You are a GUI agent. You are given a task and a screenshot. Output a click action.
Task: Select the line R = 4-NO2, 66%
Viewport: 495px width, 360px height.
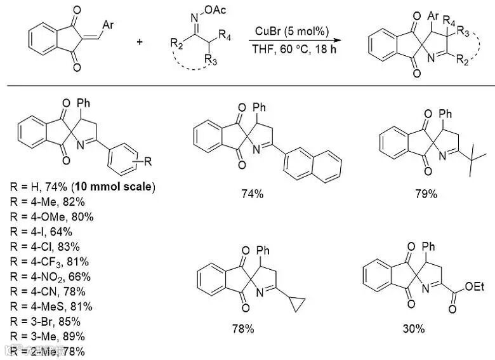coord(51,276)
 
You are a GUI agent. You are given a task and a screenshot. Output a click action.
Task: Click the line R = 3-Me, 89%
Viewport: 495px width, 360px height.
coord(48,336)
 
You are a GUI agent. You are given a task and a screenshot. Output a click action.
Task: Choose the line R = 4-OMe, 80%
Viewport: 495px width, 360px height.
coord(50,217)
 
